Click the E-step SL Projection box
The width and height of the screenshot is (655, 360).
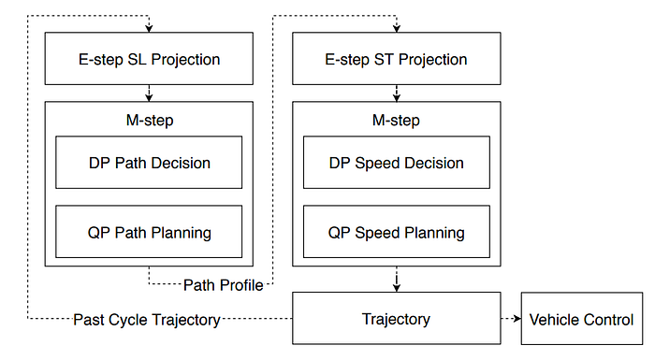(x=149, y=59)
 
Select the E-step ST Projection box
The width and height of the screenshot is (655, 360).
(x=397, y=59)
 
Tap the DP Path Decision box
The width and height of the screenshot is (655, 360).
(x=149, y=163)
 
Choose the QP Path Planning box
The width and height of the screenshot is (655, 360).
(x=149, y=232)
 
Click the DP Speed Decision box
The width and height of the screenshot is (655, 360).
(x=397, y=163)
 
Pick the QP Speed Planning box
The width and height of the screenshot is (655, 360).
(x=397, y=232)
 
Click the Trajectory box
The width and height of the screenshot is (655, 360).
(x=397, y=318)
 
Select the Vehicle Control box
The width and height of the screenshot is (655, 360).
(x=582, y=319)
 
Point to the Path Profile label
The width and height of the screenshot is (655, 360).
(x=224, y=285)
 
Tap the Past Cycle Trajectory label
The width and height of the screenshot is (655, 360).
(x=147, y=320)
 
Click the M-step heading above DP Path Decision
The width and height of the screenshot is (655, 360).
(x=150, y=121)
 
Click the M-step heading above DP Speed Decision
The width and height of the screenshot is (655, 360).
(x=396, y=121)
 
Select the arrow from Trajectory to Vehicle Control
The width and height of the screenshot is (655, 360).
(x=511, y=319)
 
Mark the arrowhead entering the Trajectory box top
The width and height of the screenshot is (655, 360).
(x=397, y=288)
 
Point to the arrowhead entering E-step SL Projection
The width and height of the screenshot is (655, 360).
(x=149, y=28)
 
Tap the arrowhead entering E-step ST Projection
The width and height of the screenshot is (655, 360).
(x=397, y=28)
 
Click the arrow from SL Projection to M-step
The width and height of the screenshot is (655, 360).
(x=149, y=94)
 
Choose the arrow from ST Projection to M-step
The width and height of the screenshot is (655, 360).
(x=397, y=94)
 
